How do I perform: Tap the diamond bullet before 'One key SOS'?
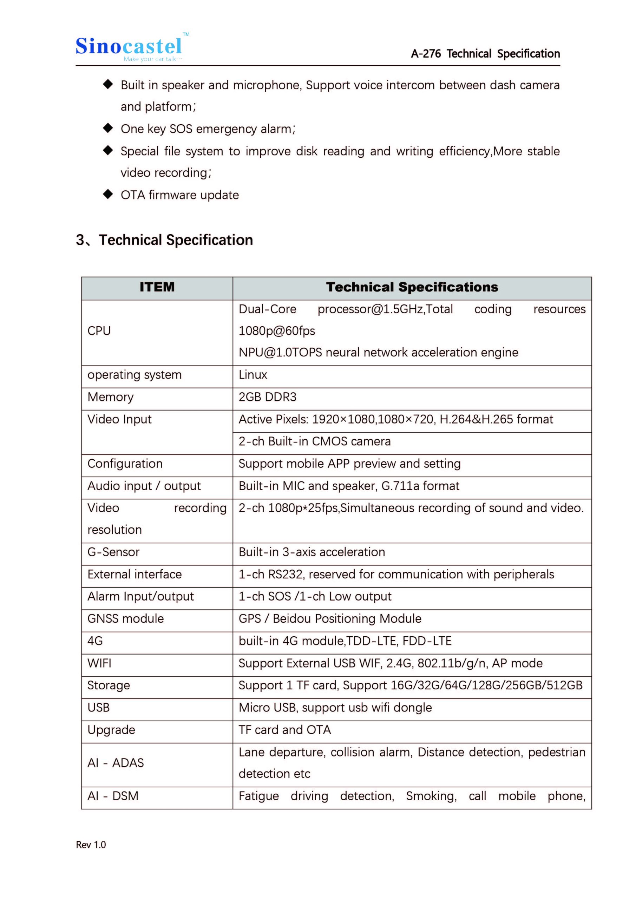tap(108, 128)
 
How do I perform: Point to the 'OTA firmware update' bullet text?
tap(179, 195)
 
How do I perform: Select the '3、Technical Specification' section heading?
tap(164, 240)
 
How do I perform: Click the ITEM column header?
tap(157, 287)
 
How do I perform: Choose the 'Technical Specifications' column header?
tap(412, 287)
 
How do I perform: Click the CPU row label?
tap(99, 331)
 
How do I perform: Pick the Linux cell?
tap(253, 375)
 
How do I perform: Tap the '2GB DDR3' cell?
tap(268, 397)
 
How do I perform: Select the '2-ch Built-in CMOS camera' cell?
tap(314, 441)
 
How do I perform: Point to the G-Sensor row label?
tap(113, 552)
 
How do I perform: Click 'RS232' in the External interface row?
tap(285, 575)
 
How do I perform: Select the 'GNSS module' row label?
tap(126, 619)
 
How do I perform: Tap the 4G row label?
tap(95, 641)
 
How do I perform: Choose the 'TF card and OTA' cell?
tap(285, 730)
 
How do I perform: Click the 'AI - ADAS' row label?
tap(116, 763)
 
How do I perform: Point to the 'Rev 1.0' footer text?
tap(91, 845)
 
